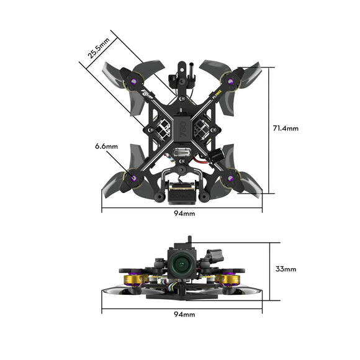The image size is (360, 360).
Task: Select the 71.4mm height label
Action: pyautogui.click(x=286, y=128)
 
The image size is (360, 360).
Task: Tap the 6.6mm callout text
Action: pyautogui.click(x=106, y=146)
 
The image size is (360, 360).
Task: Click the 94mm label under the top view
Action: pyautogui.click(x=182, y=213)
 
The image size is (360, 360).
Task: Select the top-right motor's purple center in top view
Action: pyautogui.click(x=231, y=81)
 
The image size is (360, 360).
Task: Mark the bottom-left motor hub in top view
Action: pyautogui.click(x=132, y=179)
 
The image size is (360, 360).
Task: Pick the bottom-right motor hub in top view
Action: pyautogui.click(x=231, y=179)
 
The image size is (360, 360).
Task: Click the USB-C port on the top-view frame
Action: pyautogui.click(x=182, y=155)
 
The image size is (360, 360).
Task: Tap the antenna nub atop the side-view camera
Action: pyautogui.click(x=188, y=240)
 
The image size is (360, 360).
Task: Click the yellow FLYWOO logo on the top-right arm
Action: pyautogui.click(x=215, y=96)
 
